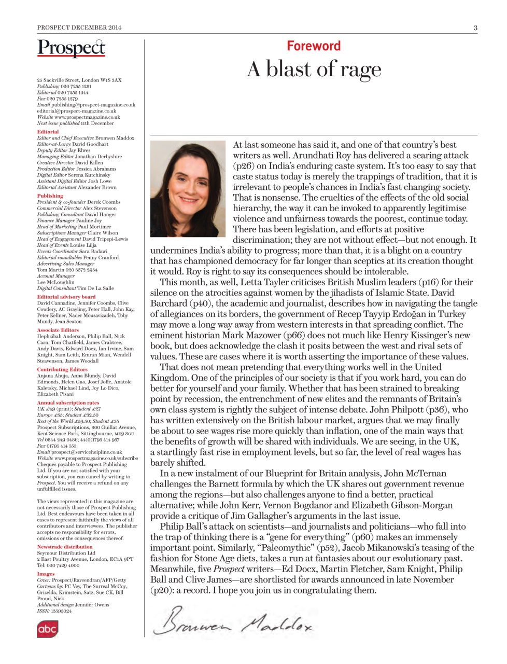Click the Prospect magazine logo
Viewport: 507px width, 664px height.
pyautogui.click(x=71, y=48)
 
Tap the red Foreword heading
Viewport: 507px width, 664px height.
pyautogui.click(x=314, y=46)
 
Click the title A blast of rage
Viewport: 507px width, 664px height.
pyautogui.click(x=314, y=69)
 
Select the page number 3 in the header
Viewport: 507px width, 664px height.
pyautogui.click(x=475, y=27)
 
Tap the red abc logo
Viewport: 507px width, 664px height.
pyautogui.click(x=47, y=629)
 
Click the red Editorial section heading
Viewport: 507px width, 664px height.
pyautogui.click(x=48, y=132)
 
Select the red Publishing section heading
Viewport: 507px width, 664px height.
pyautogui.click(x=50, y=196)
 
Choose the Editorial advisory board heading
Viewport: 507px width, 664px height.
pyautogui.click(x=66, y=297)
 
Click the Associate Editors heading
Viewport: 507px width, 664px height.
pyautogui.click(x=58, y=330)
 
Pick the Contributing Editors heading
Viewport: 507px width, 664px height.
pyautogui.click(x=62, y=369)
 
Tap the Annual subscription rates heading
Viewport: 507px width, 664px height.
pyautogui.click(x=68, y=403)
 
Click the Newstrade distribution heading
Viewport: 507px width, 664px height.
pyautogui.click(x=65, y=547)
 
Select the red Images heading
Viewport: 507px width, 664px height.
pyautogui.click(x=46, y=574)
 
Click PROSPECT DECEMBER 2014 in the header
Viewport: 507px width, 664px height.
pyautogui.click(x=79, y=27)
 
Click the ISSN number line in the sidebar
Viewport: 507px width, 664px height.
pyautogui.click(x=54, y=611)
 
